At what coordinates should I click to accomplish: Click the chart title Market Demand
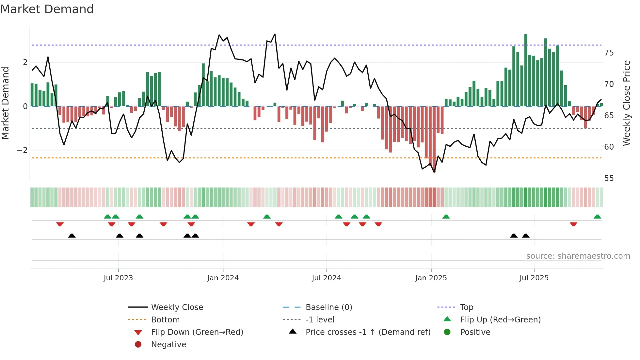(x=47, y=9)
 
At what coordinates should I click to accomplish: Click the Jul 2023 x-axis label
(x=118, y=278)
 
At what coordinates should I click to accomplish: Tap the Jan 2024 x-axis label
(x=223, y=278)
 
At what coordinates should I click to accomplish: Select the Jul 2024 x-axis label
(x=326, y=278)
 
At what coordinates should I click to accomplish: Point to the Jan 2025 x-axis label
(x=431, y=278)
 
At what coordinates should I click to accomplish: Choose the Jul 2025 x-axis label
(x=534, y=278)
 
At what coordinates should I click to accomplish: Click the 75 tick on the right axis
(x=609, y=53)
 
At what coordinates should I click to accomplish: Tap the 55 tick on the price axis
(x=609, y=178)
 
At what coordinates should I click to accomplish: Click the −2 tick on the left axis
(x=22, y=150)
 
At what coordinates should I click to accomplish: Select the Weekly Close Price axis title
(x=626, y=103)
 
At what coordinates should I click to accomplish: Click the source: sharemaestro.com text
(x=578, y=256)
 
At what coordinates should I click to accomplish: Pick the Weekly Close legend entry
(x=177, y=307)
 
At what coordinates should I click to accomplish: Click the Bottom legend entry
(x=165, y=320)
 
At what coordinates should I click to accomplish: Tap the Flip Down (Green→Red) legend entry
(x=197, y=332)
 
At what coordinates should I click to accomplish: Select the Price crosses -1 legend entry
(x=368, y=332)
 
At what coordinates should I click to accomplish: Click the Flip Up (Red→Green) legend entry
(x=500, y=320)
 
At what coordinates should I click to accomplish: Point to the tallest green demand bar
(x=526, y=70)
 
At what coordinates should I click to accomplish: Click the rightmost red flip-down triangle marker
(x=573, y=224)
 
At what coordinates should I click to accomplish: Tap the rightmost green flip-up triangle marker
(x=597, y=217)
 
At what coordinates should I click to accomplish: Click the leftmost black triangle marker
(x=72, y=236)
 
